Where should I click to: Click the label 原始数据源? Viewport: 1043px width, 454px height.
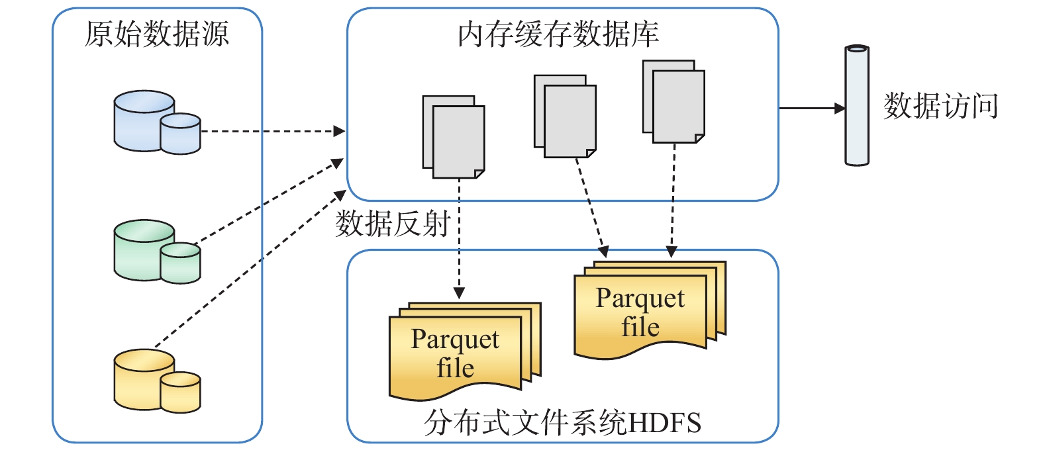pos(157,34)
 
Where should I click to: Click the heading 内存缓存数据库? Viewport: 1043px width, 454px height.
pos(558,34)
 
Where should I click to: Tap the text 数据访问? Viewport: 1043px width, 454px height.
pos(940,106)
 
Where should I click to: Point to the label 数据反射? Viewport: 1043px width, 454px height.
pos(393,224)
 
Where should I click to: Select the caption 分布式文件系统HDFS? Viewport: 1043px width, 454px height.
pos(562,422)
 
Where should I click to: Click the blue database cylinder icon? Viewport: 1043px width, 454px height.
pos(157,122)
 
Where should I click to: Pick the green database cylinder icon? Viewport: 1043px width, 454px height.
pos(157,251)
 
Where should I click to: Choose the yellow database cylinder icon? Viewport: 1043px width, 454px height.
pos(157,381)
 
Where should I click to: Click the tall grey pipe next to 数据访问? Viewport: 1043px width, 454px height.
pos(856,105)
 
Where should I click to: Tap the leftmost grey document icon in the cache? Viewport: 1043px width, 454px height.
pos(454,137)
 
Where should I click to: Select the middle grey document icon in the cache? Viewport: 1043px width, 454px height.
pos(566,116)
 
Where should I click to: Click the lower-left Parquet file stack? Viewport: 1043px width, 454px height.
pos(464,351)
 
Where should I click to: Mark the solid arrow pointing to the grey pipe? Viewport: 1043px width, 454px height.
pos(812,108)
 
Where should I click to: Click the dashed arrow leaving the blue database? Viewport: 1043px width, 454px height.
pos(272,131)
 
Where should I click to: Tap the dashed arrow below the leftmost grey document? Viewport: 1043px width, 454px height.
pos(459,238)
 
